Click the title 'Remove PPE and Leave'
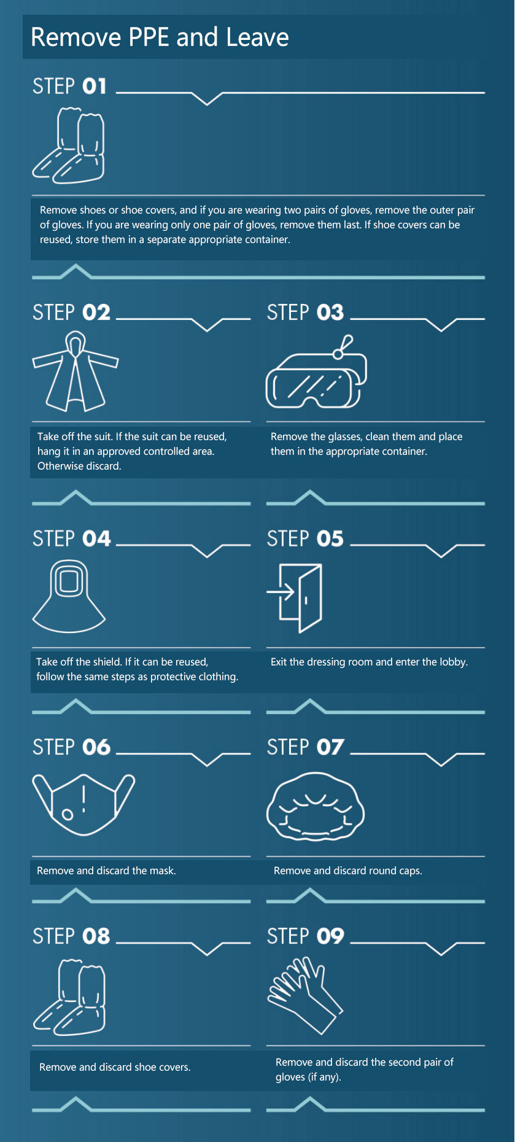[x=160, y=37]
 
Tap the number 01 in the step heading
[x=95, y=86]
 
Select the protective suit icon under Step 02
[x=75, y=371]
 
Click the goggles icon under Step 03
[x=316, y=372]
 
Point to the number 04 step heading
[x=96, y=539]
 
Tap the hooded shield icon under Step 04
[x=69, y=596]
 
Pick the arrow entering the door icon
[x=281, y=592]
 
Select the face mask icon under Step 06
[x=83, y=804]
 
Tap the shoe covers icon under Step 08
[x=69, y=997]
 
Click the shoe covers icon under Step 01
[x=68, y=146]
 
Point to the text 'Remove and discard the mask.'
[x=106, y=871]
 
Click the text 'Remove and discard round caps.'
[x=348, y=871]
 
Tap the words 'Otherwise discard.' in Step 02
[x=79, y=466]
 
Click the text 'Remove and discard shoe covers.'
[x=115, y=1067]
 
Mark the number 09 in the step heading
[x=330, y=936]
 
